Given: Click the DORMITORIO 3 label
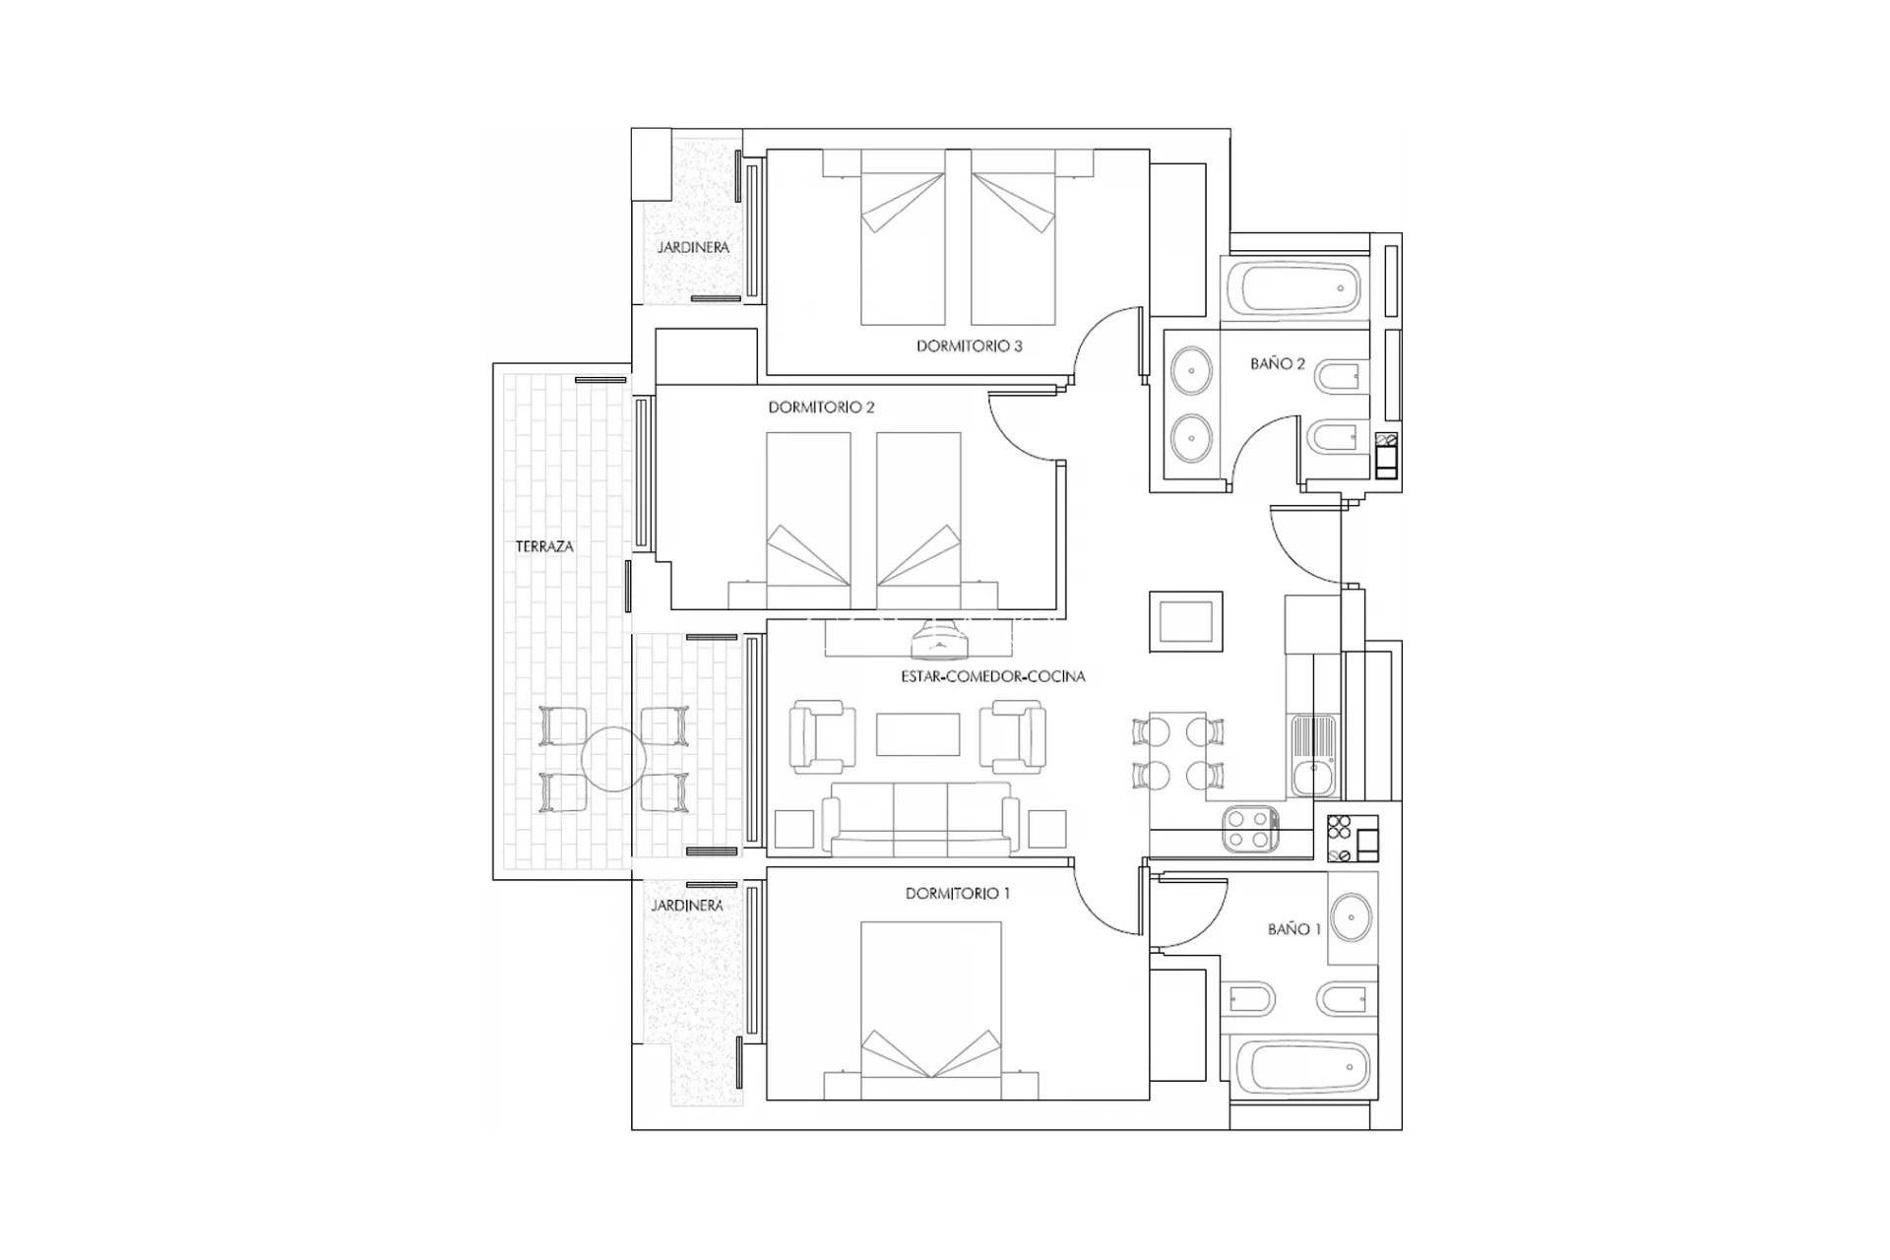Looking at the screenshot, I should (x=969, y=346).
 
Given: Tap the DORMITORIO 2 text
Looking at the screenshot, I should (x=821, y=407).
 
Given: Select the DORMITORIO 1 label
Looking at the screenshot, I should (x=958, y=894).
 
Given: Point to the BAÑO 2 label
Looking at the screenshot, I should (x=1278, y=364).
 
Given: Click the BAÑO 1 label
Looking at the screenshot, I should (x=1294, y=929).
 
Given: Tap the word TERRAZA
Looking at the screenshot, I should (x=544, y=546).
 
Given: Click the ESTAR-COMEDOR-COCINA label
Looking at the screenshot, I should (x=992, y=677).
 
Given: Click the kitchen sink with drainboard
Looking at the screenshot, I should (x=1313, y=756).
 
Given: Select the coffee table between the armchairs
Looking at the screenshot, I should (x=918, y=734).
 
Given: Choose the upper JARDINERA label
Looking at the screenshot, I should (x=693, y=248).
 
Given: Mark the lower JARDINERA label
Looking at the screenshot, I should (x=687, y=906).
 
